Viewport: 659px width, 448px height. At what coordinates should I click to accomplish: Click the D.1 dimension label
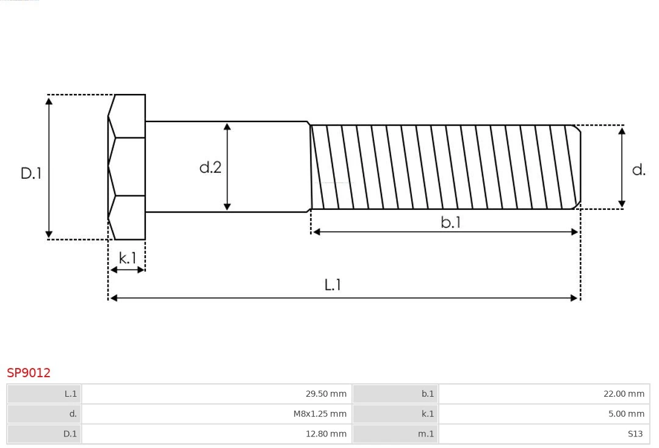[x=31, y=173]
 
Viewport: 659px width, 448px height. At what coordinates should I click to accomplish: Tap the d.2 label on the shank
[x=211, y=167]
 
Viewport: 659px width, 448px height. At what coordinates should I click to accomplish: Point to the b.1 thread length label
[x=451, y=223]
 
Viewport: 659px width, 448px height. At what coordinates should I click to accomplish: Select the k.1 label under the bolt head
[x=128, y=258]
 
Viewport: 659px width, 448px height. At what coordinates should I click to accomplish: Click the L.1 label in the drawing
[x=333, y=284]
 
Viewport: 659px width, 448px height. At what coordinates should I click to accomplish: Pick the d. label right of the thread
[x=638, y=170]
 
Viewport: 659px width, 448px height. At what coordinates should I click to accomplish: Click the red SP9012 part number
[x=29, y=373]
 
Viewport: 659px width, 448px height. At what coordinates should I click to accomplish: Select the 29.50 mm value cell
[x=217, y=394]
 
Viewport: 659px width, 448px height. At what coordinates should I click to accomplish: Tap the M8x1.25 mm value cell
[x=217, y=414]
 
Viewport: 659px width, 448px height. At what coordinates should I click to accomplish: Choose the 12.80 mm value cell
[x=217, y=434]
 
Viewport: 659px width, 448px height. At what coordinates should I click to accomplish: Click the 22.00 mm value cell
[x=544, y=394]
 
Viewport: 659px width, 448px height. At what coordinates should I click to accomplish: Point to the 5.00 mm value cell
[x=544, y=414]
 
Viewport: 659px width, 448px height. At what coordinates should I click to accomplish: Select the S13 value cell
[x=544, y=434]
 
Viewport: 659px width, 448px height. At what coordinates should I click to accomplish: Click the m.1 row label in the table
[x=395, y=434]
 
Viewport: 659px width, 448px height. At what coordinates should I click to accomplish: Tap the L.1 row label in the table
[x=45, y=394]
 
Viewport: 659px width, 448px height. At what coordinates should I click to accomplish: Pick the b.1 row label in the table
[x=395, y=394]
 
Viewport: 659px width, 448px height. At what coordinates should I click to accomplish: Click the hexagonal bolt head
[x=127, y=167]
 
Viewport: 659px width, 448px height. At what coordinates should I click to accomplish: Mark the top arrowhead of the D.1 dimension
[x=49, y=101]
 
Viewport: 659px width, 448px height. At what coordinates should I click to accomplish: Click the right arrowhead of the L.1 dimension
[x=574, y=298]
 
